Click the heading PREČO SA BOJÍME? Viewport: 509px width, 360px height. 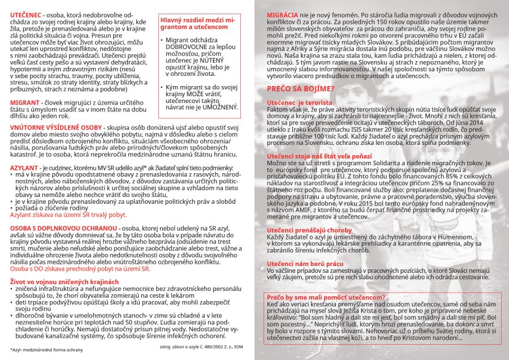(x=300, y=88)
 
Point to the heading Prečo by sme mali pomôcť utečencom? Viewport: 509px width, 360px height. (x=326, y=297)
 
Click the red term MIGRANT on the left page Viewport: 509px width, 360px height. (x=24, y=102)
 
